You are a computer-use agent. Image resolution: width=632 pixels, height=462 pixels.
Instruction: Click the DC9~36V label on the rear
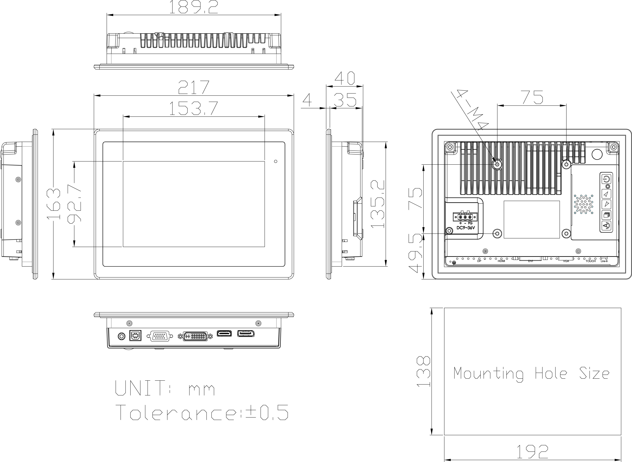click(x=465, y=228)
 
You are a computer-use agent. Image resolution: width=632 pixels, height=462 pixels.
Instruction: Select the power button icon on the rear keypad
click(x=605, y=179)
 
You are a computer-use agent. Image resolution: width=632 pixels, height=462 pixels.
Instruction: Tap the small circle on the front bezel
click(x=276, y=161)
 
